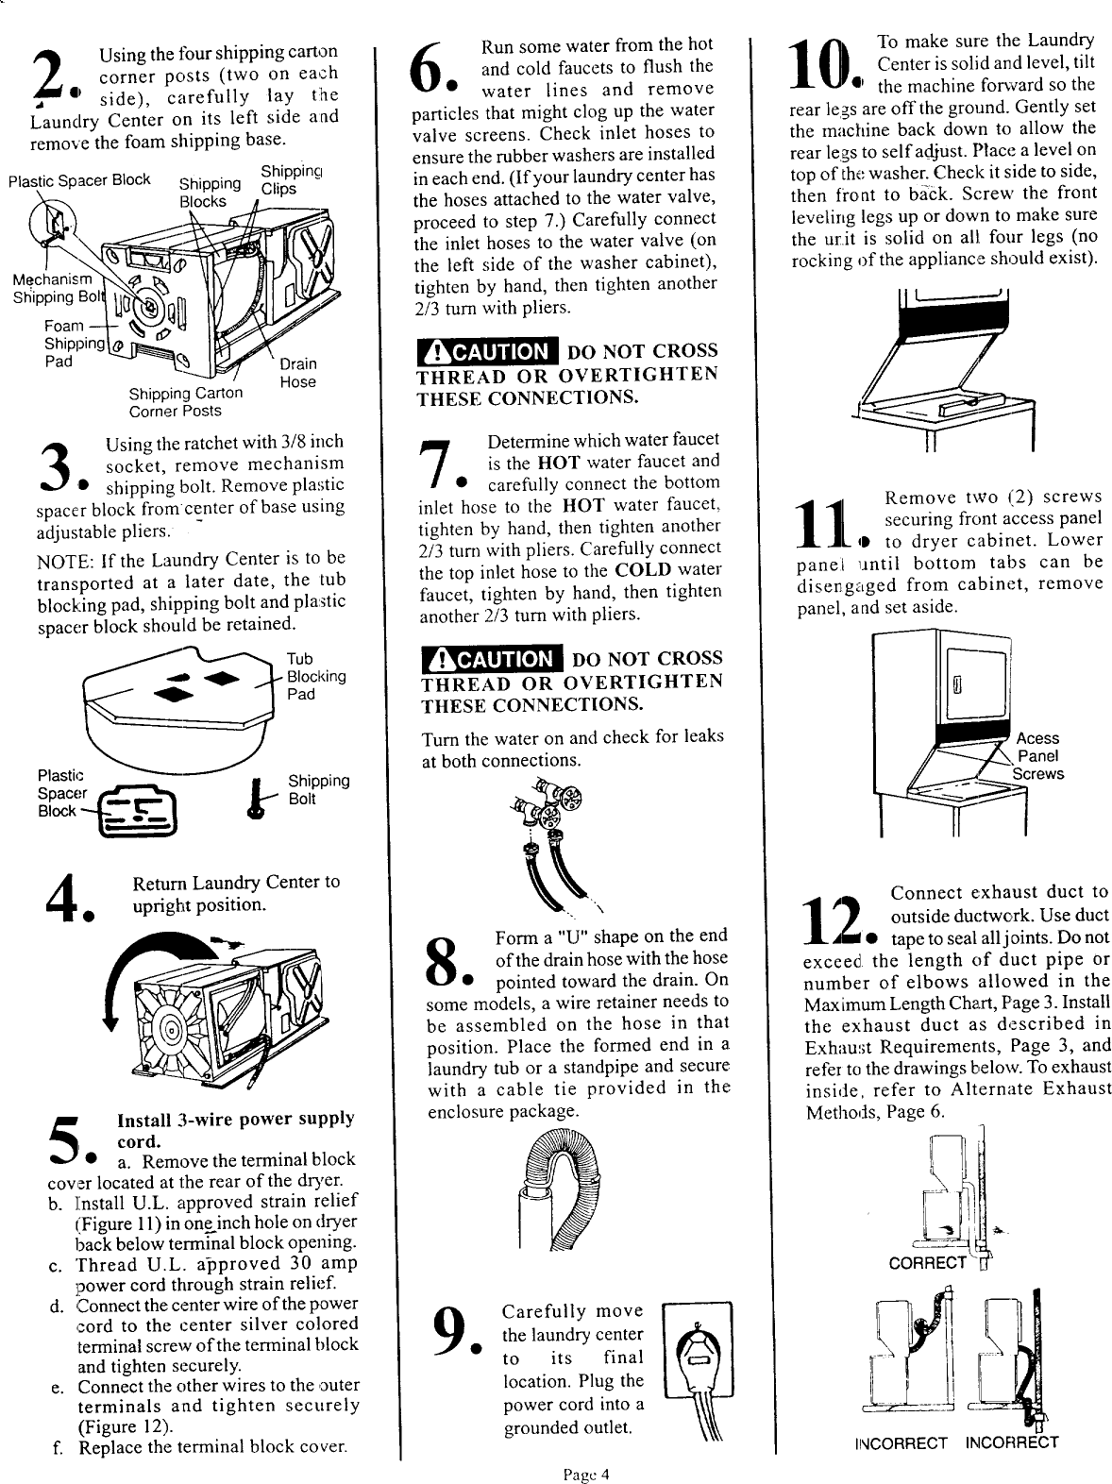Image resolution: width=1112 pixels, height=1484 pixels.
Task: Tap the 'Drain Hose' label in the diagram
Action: tap(297, 373)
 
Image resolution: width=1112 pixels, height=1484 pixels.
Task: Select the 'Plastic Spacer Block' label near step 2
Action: tap(79, 180)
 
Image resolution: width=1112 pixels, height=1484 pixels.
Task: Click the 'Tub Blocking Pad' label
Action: tap(314, 676)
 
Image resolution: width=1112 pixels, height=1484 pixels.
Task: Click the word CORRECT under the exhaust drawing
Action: tap(928, 1263)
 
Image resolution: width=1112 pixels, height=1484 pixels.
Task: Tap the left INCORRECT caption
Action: tap(901, 1442)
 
